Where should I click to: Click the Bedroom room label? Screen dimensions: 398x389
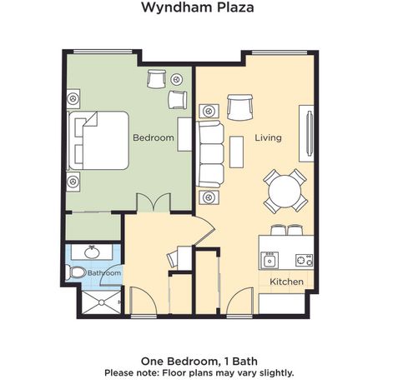(x=154, y=137)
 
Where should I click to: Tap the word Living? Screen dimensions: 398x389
(x=268, y=138)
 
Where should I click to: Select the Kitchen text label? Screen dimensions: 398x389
(x=286, y=282)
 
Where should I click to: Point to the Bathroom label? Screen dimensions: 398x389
(x=104, y=273)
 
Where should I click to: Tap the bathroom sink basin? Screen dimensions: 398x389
(x=92, y=252)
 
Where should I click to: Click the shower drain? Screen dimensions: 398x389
(x=102, y=302)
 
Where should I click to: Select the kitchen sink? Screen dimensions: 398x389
(x=270, y=260)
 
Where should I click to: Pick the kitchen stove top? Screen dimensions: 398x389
(x=304, y=260)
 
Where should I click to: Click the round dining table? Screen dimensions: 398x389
(x=285, y=192)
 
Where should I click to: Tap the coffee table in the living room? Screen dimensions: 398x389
(x=236, y=152)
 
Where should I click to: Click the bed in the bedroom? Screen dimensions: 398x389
(x=98, y=141)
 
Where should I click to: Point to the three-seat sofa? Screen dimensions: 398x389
(x=210, y=154)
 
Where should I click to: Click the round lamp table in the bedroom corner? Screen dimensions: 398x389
(x=176, y=80)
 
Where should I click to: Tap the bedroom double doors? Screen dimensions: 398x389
(x=154, y=202)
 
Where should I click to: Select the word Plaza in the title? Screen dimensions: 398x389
(x=235, y=7)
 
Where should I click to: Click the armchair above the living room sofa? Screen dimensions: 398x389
(x=239, y=107)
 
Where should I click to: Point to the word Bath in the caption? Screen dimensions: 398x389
(x=244, y=362)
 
